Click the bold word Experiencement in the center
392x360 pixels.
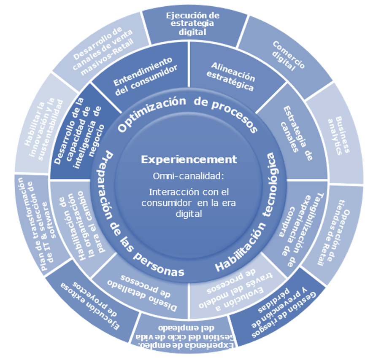point(189,160)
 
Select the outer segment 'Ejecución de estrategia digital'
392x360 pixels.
point(192,23)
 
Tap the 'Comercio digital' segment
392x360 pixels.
point(289,55)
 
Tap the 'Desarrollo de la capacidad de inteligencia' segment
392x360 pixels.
point(80,135)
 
